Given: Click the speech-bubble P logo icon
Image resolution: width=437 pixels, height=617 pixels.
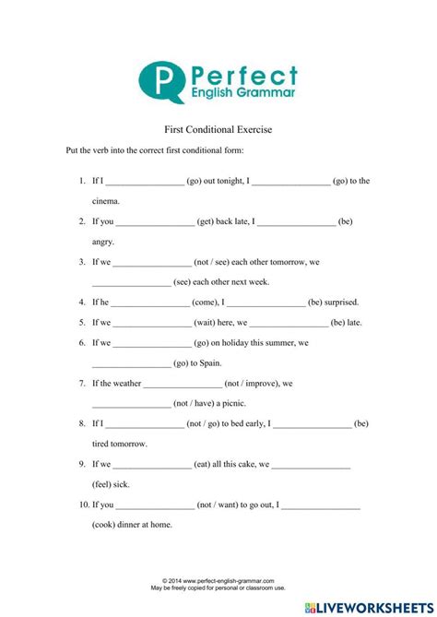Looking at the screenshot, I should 162,80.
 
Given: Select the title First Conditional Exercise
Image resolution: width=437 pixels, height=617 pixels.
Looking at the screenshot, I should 218,130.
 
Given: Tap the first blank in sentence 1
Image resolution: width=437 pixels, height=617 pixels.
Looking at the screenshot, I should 146,182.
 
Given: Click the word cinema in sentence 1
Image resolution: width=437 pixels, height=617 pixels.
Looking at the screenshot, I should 106,200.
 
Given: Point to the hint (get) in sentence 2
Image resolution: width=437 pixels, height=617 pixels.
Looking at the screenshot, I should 211,221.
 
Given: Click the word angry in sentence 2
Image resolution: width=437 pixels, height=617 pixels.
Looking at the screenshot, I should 102,241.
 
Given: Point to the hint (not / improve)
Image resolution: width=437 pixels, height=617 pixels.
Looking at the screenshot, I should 252,384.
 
